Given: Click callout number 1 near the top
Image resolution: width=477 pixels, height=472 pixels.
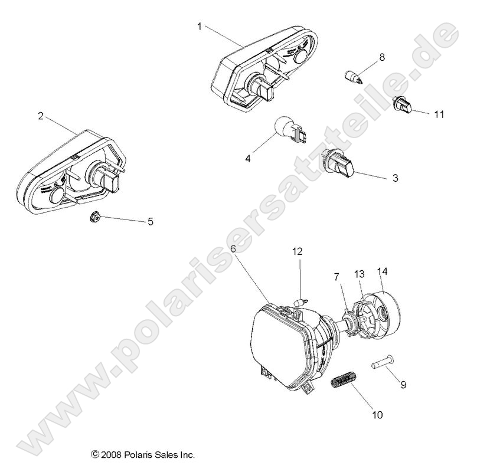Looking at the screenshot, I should point(200,26).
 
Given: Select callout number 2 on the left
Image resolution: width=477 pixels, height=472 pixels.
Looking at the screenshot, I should point(40,116).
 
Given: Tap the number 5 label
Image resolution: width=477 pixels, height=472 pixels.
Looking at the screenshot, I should point(150,222).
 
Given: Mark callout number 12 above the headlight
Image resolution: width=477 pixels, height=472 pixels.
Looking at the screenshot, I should point(298,251).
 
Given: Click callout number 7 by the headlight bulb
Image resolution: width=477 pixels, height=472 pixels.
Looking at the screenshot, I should point(337,260).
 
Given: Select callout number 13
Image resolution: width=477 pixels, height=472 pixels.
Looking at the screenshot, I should point(360,257).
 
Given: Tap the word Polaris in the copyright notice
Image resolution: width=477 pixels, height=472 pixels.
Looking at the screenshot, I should point(141,455).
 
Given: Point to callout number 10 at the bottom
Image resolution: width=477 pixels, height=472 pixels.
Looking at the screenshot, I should point(377,415).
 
